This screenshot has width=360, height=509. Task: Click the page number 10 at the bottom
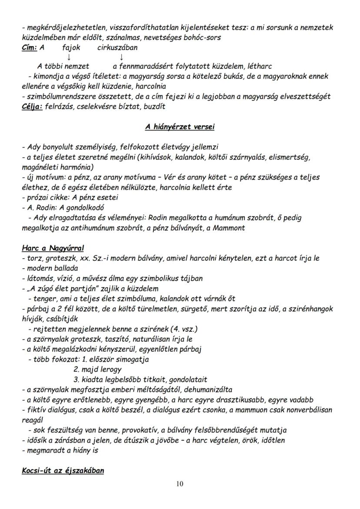point(180,484)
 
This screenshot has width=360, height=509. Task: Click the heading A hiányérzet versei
point(180,127)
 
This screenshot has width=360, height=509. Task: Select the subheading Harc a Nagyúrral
point(53,248)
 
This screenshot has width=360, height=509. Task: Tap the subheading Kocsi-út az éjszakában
point(63,471)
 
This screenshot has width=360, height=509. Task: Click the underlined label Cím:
point(30,48)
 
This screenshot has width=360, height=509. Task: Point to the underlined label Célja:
point(32,106)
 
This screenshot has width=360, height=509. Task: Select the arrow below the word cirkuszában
point(121,57)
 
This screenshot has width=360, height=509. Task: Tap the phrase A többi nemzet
point(63,67)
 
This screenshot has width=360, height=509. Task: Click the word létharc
point(259,67)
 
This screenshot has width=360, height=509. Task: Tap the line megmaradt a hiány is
point(60,450)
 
